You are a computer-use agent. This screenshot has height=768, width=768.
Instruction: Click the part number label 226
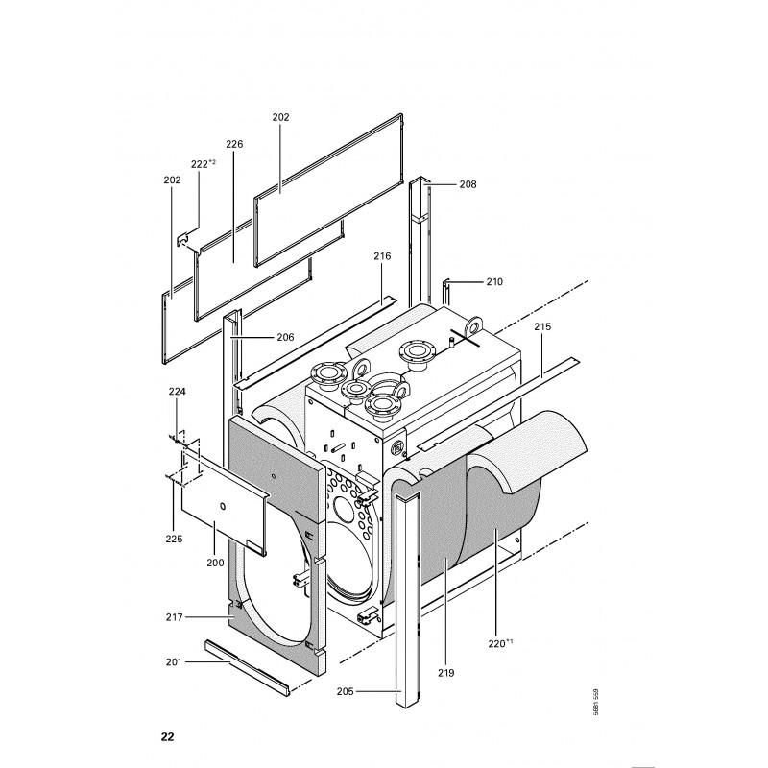[x=234, y=144]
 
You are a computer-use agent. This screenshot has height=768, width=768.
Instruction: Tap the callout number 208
[x=468, y=184]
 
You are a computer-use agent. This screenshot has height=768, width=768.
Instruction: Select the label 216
[x=382, y=255]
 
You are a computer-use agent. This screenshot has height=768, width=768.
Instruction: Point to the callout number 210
[x=494, y=281]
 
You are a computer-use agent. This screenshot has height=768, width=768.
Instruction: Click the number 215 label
[x=542, y=326]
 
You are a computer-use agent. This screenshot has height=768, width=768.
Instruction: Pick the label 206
[x=285, y=337]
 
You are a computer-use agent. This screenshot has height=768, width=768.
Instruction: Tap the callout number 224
[x=178, y=392]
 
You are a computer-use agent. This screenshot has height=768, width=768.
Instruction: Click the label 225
[x=174, y=539]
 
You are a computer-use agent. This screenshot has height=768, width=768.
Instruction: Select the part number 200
[x=215, y=563]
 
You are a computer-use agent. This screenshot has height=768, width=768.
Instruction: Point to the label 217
[x=175, y=617]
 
